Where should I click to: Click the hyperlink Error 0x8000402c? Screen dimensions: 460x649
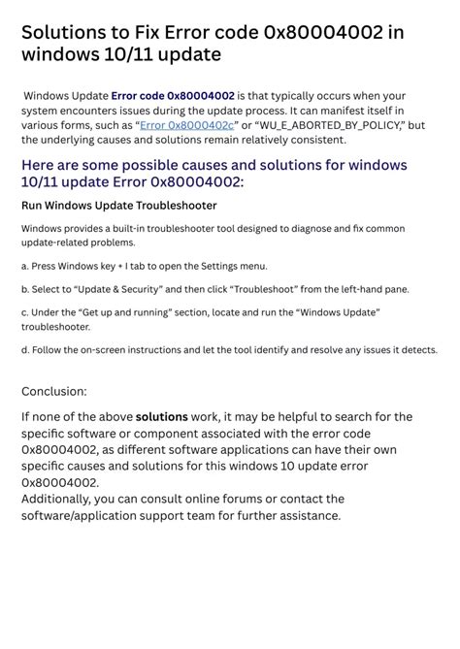point(187,125)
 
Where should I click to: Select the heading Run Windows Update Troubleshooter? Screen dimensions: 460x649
point(118,206)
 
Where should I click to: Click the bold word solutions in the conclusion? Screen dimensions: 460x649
point(161,416)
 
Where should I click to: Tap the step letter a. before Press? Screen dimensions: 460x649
point(24,266)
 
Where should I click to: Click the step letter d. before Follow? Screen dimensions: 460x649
point(25,350)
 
